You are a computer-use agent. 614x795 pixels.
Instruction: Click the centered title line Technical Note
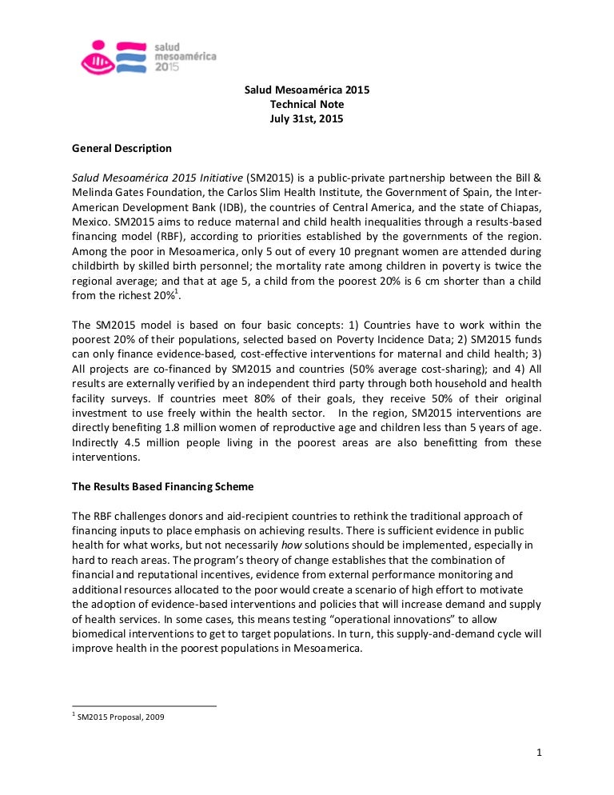307,105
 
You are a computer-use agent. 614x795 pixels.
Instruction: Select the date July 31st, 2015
307,119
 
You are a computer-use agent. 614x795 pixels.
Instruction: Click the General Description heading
122,148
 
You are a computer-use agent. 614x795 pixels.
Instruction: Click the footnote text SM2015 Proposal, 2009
121,717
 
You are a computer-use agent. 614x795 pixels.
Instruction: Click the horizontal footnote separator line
144,706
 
